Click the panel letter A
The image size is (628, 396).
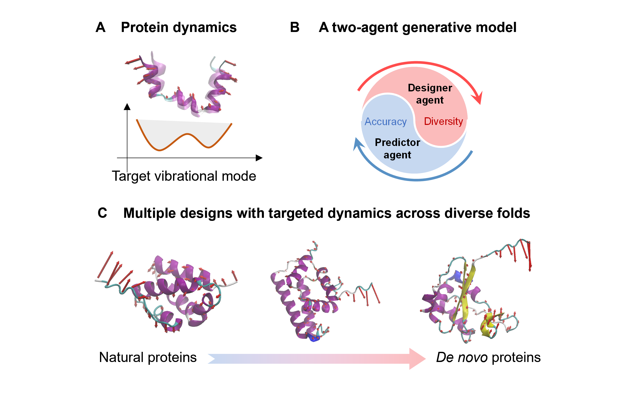point(100,27)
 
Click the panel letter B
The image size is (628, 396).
point(294,27)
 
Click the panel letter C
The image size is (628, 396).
point(102,213)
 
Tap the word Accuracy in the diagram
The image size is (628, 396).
point(385,122)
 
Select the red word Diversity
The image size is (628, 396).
point(443,121)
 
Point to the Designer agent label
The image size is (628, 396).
point(430,94)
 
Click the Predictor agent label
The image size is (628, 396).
point(397,149)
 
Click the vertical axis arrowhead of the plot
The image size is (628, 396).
point(127,107)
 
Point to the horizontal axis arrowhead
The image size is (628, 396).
point(259,158)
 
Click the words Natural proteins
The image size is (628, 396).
point(148,357)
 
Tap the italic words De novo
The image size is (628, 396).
point(462,357)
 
